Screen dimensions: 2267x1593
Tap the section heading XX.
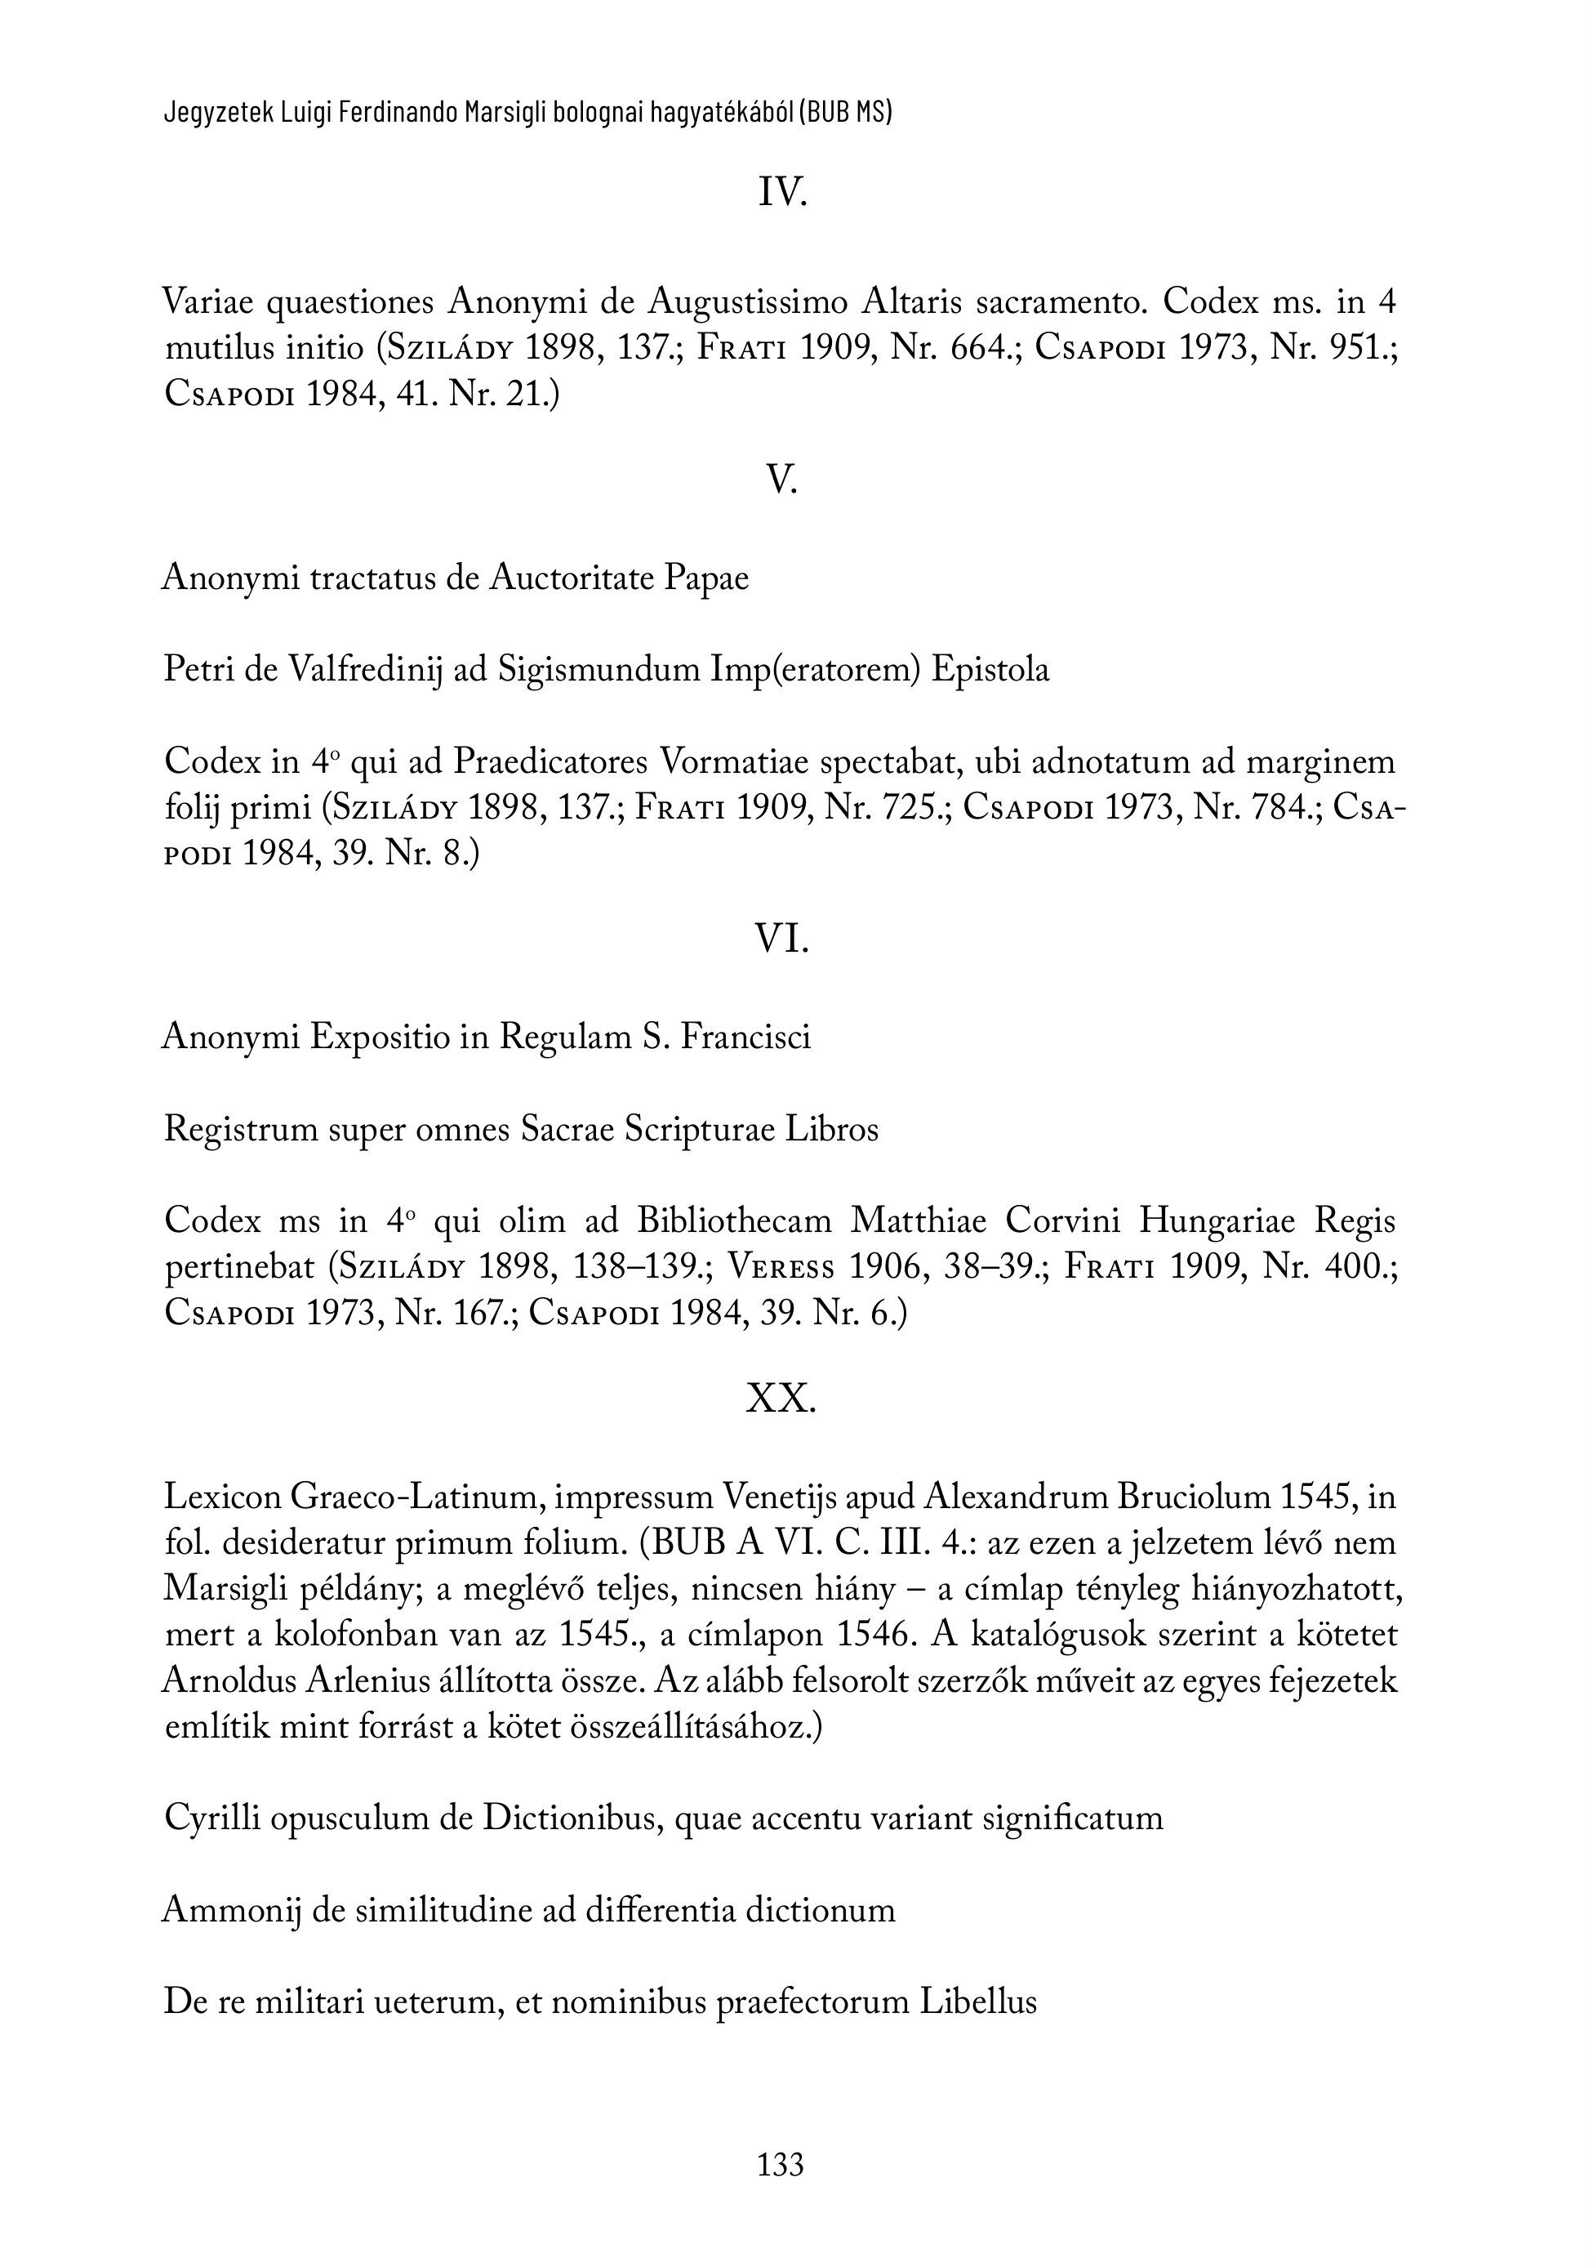click(781, 1398)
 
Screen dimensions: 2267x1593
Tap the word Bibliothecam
click(734, 1221)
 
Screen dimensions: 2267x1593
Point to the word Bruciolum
click(1193, 1497)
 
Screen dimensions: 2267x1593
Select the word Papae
click(705, 578)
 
